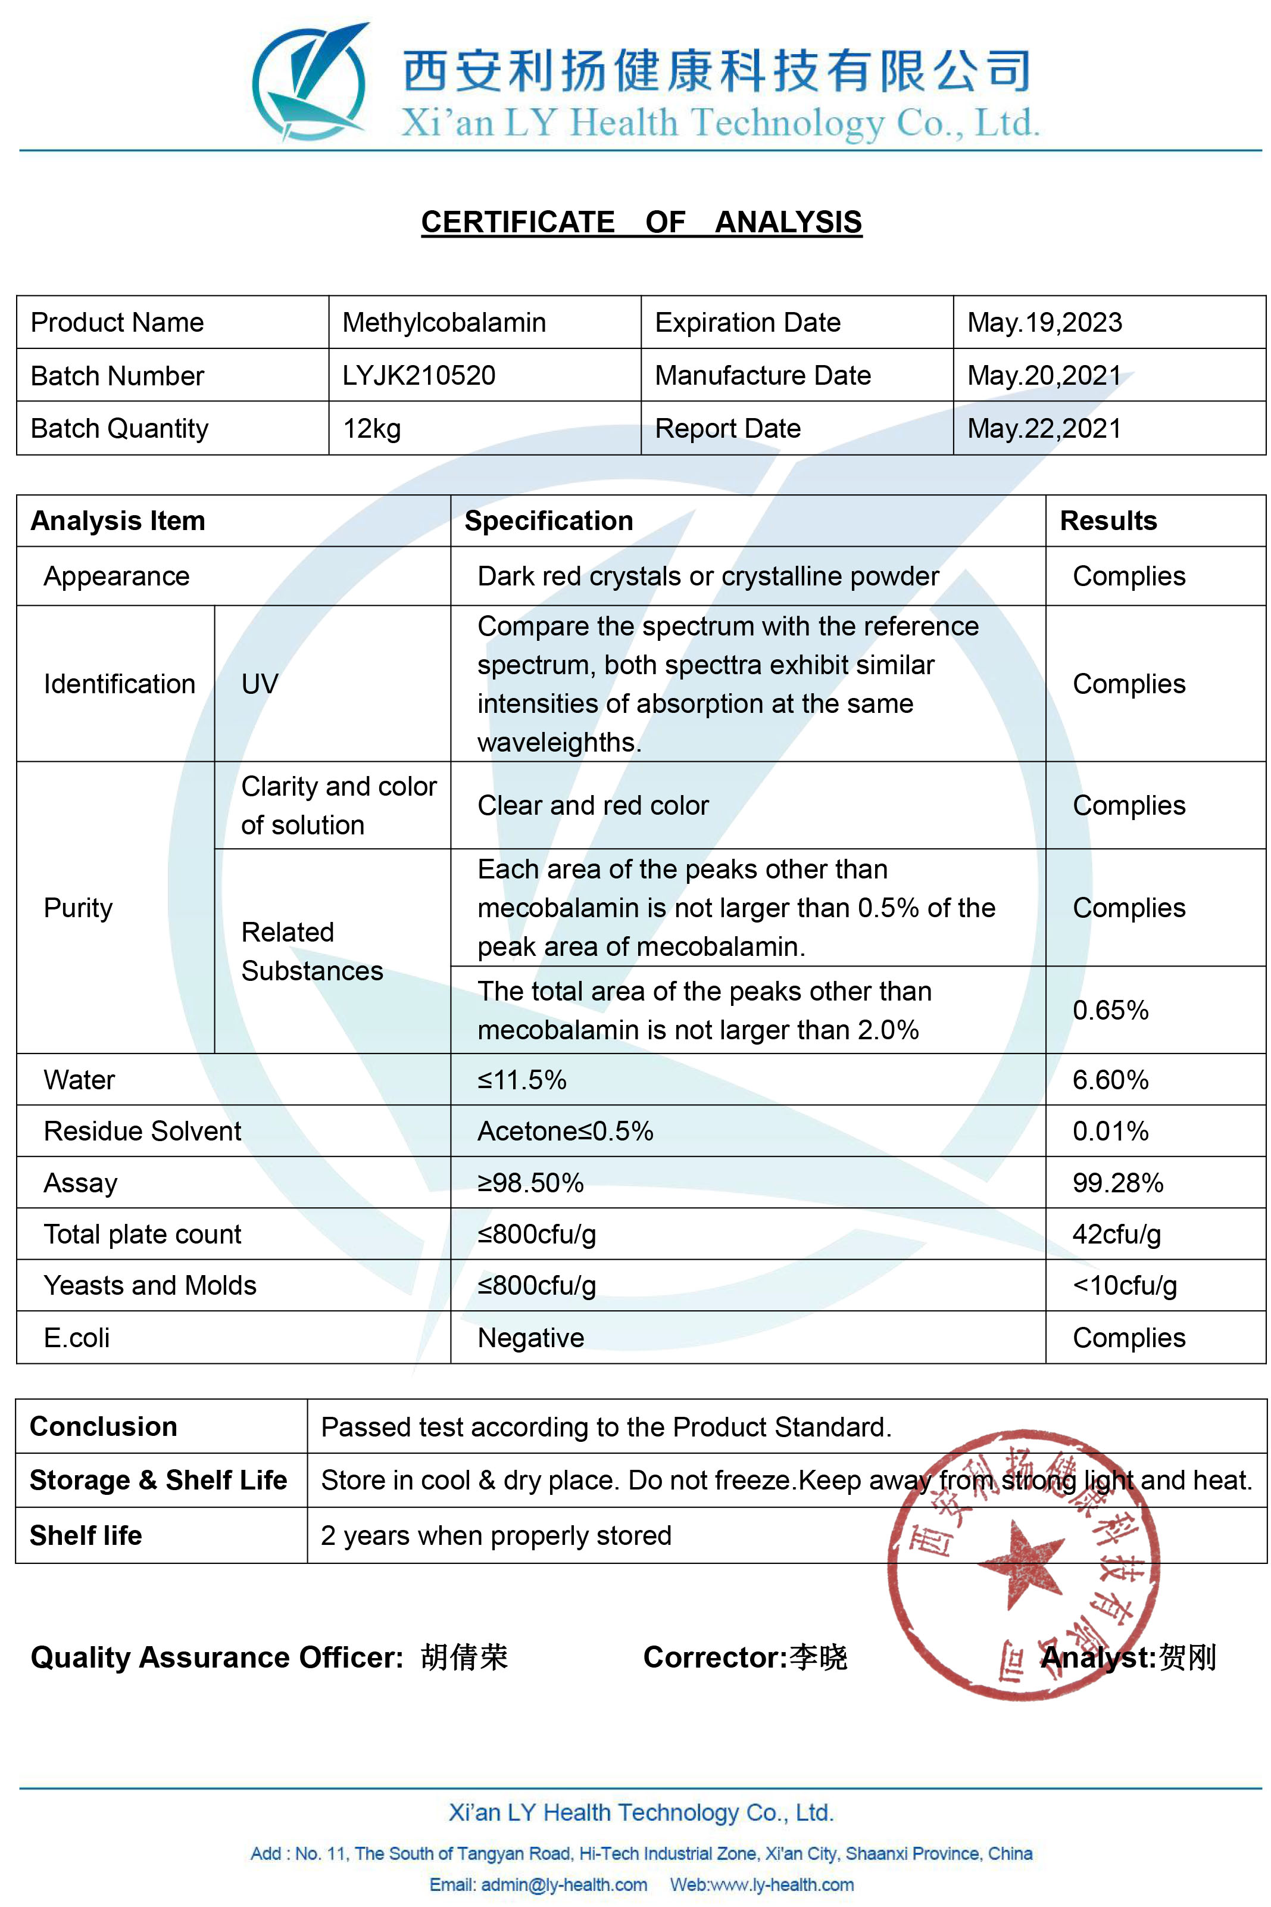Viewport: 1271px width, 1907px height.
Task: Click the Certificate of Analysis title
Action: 641,222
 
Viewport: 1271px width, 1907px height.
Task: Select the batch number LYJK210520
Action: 419,375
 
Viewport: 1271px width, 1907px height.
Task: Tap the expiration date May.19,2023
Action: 1044,323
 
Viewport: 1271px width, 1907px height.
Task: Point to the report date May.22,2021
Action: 1044,428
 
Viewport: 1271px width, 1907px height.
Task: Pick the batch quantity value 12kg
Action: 371,428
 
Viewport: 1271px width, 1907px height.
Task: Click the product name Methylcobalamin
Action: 444,323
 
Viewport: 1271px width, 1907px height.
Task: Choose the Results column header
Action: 1108,521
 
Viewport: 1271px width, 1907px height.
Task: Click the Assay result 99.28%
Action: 1117,1183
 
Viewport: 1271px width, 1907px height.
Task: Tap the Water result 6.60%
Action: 1110,1080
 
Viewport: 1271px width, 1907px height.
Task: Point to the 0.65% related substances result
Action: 1110,1010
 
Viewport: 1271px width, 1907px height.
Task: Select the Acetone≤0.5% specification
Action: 565,1131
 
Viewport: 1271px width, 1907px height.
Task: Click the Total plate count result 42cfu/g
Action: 1116,1234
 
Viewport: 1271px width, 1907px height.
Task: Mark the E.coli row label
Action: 77,1337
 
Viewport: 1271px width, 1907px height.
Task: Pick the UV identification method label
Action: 260,684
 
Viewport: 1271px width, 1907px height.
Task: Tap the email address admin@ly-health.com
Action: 538,1884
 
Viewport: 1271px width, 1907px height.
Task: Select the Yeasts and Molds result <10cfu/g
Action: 1125,1285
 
